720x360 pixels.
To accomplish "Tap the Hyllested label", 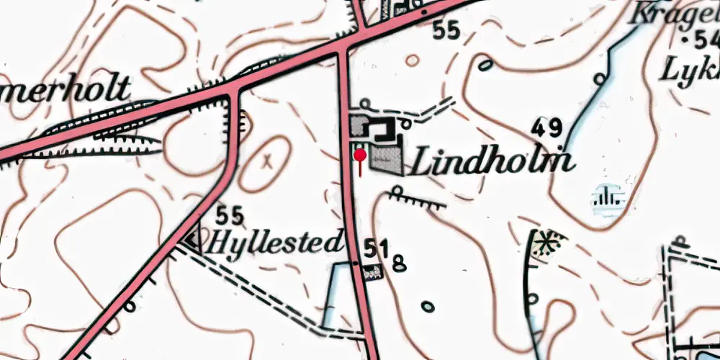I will [x=274, y=242].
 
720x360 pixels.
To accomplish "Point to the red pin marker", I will [x=359, y=153].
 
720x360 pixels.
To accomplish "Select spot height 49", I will [x=546, y=129].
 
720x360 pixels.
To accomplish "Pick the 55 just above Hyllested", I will [x=230, y=215].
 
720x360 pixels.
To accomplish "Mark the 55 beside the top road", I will [x=446, y=30].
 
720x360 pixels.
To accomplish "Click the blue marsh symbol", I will [x=608, y=198].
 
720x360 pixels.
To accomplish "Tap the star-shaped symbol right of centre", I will [x=548, y=243].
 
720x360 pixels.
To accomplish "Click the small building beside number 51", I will [x=374, y=272].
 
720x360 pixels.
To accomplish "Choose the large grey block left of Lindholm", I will [x=387, y=161].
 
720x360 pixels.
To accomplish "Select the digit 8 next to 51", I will [x=400, y=264].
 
